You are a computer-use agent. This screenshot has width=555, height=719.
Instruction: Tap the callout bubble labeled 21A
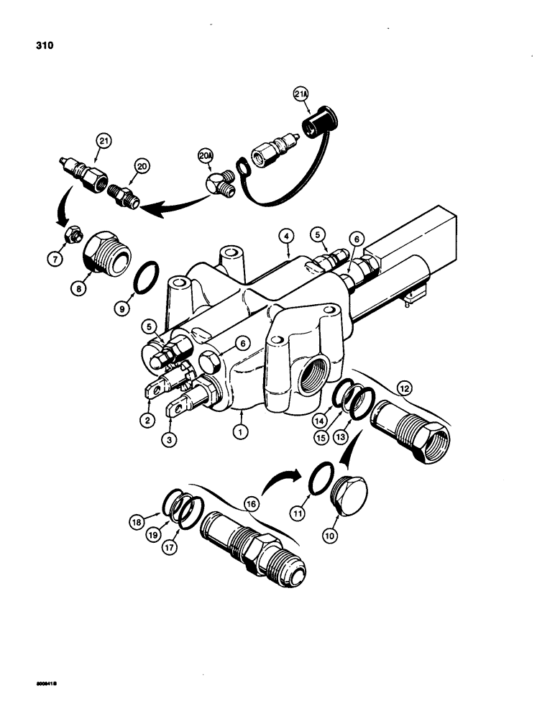coord(300,94)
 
